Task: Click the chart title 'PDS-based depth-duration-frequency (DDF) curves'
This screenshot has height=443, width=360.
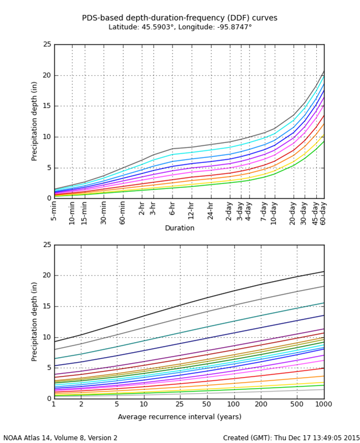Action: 180,18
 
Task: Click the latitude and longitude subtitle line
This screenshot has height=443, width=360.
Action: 180,27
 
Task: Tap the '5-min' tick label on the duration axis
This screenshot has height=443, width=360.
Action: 54,211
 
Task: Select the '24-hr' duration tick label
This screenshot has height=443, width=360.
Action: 211,211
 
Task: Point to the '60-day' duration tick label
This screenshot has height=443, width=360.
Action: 324,211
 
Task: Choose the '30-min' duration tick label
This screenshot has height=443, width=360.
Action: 104,211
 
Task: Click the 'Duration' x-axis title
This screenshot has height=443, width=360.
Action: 180,228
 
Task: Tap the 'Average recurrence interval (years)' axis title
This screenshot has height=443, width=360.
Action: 180,416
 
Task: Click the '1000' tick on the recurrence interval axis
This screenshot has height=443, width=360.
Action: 324,404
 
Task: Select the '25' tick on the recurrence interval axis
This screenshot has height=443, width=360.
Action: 180,404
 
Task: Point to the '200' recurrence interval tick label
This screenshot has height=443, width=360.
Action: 261,404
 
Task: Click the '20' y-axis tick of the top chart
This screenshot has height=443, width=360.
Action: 48,75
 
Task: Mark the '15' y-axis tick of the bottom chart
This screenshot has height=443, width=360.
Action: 48,306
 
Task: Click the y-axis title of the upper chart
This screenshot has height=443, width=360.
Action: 34,121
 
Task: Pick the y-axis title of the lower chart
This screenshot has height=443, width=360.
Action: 34,322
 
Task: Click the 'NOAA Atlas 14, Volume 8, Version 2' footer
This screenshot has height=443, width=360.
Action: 60,438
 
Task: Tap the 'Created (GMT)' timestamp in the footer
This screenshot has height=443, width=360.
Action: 291,438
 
